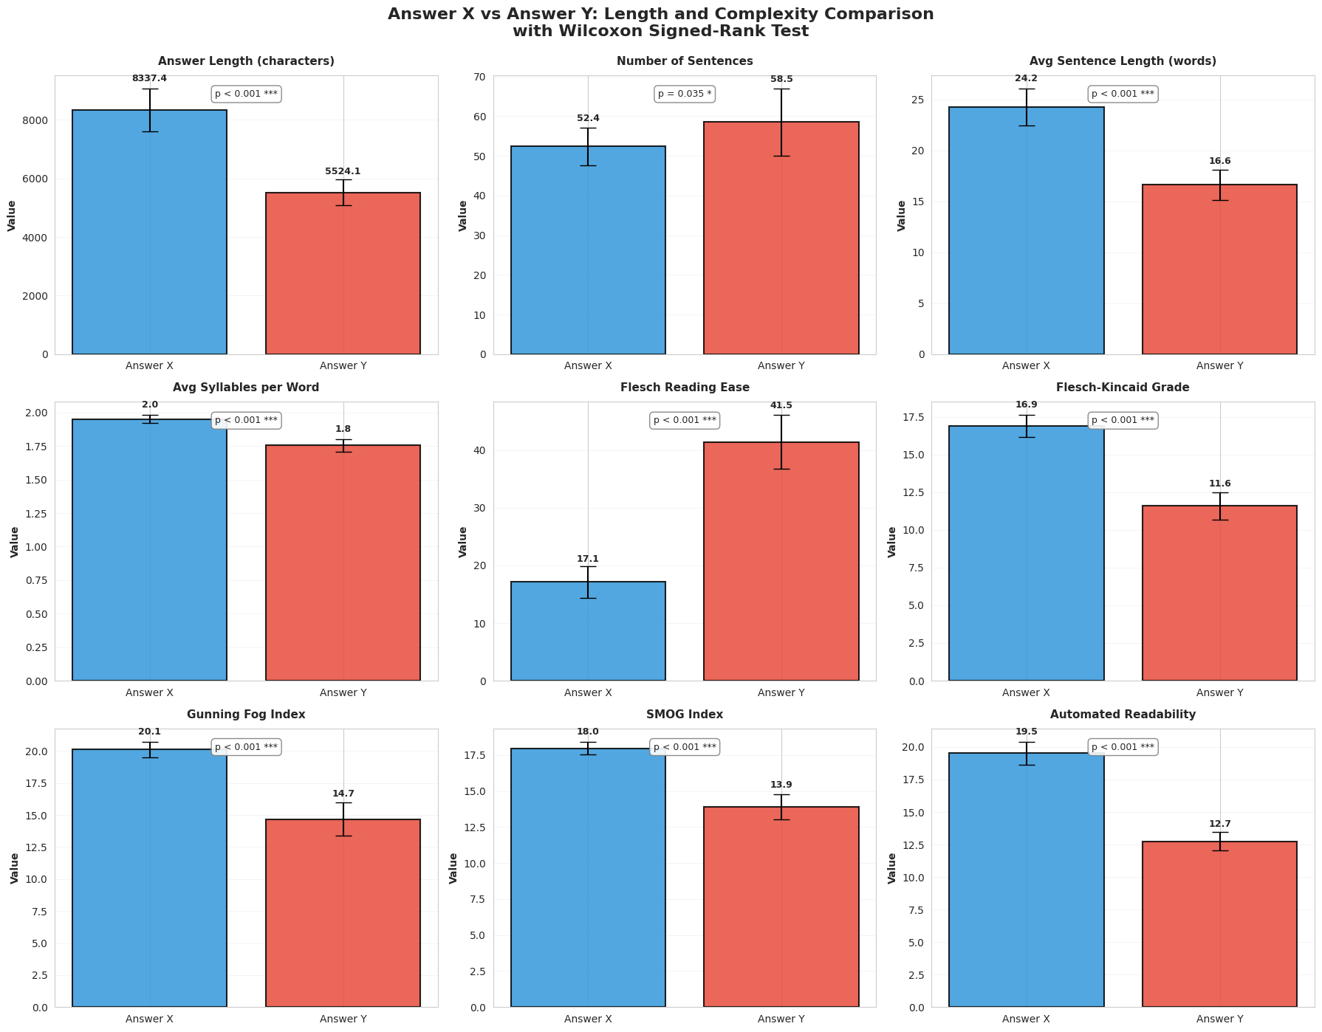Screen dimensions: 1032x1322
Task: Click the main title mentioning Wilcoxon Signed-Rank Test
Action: coord(660,22)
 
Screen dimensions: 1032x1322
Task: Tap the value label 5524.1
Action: coord(343,171)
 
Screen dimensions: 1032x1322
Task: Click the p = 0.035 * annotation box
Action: coord(684,94)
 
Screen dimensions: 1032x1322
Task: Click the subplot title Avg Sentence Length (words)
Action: coord(1123,61)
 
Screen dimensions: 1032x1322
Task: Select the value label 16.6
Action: coord(1219,161)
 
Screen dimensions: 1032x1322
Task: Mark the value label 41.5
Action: coord(781,405)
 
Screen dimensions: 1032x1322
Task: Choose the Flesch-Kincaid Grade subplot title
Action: coord(1123,388)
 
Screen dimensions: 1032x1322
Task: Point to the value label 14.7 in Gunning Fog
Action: coord(343,794)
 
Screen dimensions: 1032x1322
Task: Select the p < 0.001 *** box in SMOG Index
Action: coord(684,747)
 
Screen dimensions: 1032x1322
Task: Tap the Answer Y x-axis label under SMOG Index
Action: coord(781,1019)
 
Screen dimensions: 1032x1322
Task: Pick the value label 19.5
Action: coord(1026,732)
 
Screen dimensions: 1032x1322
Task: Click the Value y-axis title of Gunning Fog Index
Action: coord(14,868)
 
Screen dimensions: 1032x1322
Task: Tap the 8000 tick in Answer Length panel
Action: coord(35,121)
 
